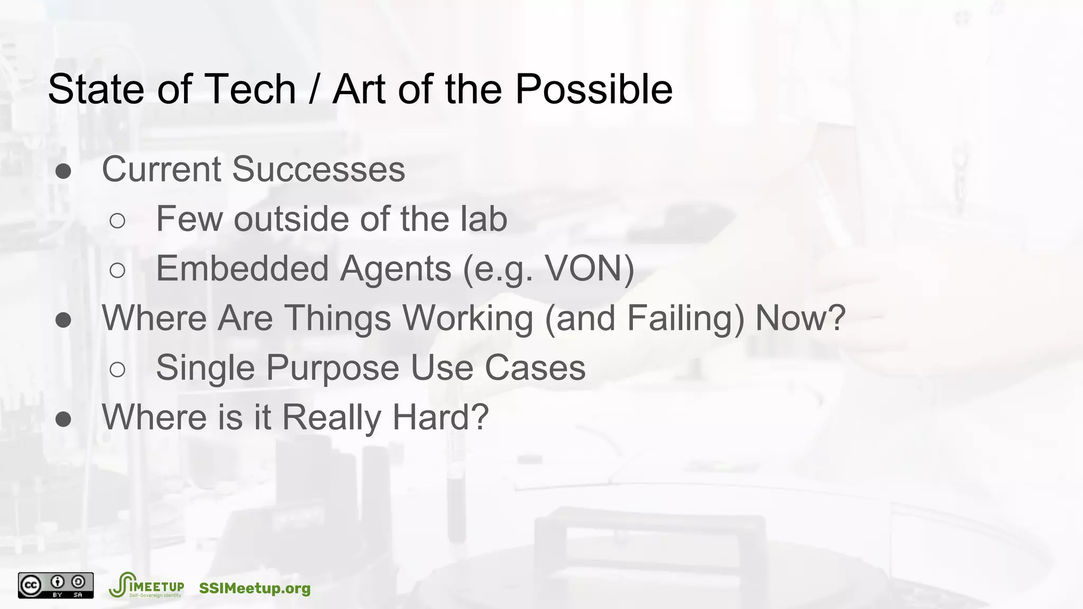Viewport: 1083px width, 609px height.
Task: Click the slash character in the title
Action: point(314,89)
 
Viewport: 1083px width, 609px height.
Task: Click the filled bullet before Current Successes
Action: point(63,171)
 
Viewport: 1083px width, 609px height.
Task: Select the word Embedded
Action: point(242,269)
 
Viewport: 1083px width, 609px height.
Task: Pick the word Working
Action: point(467,318)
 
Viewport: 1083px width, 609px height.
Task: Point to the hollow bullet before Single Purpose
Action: point(117,370)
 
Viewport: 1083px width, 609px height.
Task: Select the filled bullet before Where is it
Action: point(63,419)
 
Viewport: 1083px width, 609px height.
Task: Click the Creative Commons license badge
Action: point(56,586)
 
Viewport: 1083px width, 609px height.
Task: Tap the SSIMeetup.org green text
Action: point(255,588)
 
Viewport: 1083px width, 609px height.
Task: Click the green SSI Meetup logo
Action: point(146,586)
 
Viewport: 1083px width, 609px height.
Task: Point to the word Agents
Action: point(396,269)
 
